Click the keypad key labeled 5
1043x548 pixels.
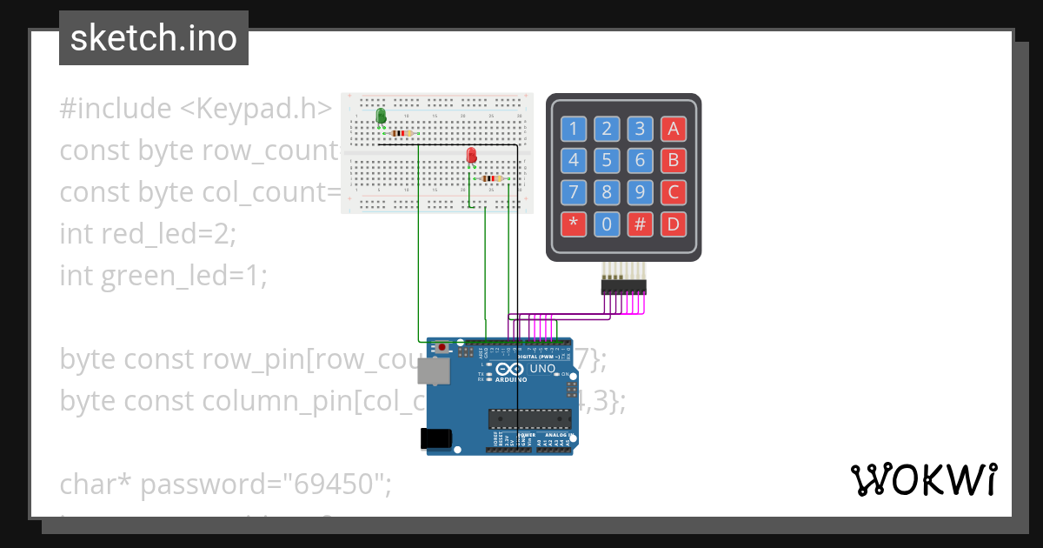[607, 161]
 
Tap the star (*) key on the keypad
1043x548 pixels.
[573, 224]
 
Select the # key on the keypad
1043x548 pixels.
[640, 224]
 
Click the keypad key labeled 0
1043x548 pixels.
[607, 224]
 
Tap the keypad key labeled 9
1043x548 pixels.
[640, 192]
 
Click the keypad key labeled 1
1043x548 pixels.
[573, 130]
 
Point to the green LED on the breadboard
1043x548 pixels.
[381, 117]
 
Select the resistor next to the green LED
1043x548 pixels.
[402, 133]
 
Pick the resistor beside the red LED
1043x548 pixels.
[491, 179]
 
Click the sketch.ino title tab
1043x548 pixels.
[154, 38]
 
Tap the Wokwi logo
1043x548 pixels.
[922, 479]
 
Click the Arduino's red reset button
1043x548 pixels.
[442, 348]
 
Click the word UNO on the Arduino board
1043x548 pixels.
[543, 368]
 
